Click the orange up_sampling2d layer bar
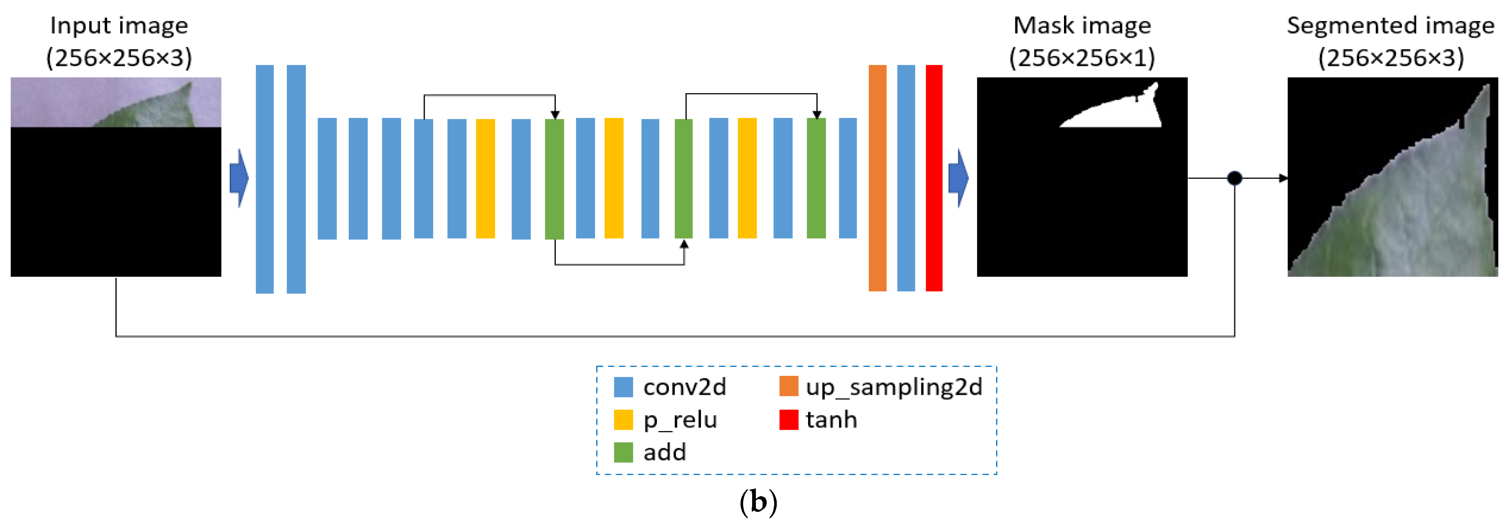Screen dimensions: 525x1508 (x=877, y=178)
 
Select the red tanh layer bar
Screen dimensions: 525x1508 (x=934, y=178)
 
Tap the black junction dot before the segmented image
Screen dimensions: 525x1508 (x=1234, y=178)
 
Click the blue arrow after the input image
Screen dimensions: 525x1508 (x=239, y=178)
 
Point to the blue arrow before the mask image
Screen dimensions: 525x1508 (x=958, y=178)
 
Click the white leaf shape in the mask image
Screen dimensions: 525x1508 (x=1130, y=114)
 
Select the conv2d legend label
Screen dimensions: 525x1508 (x=684, y=387)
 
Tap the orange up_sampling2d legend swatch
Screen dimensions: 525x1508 (x=788, y=387)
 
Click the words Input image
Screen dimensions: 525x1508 (x=119, y=26)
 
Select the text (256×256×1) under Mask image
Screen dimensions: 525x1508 (x=1082, y=58)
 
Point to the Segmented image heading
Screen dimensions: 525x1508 (x=1390, y=26)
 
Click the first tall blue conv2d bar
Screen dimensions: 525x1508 (x=265, y=179)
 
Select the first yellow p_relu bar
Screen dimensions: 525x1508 (x=485, y=179)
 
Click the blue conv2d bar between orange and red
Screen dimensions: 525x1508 (x=906, y=178)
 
